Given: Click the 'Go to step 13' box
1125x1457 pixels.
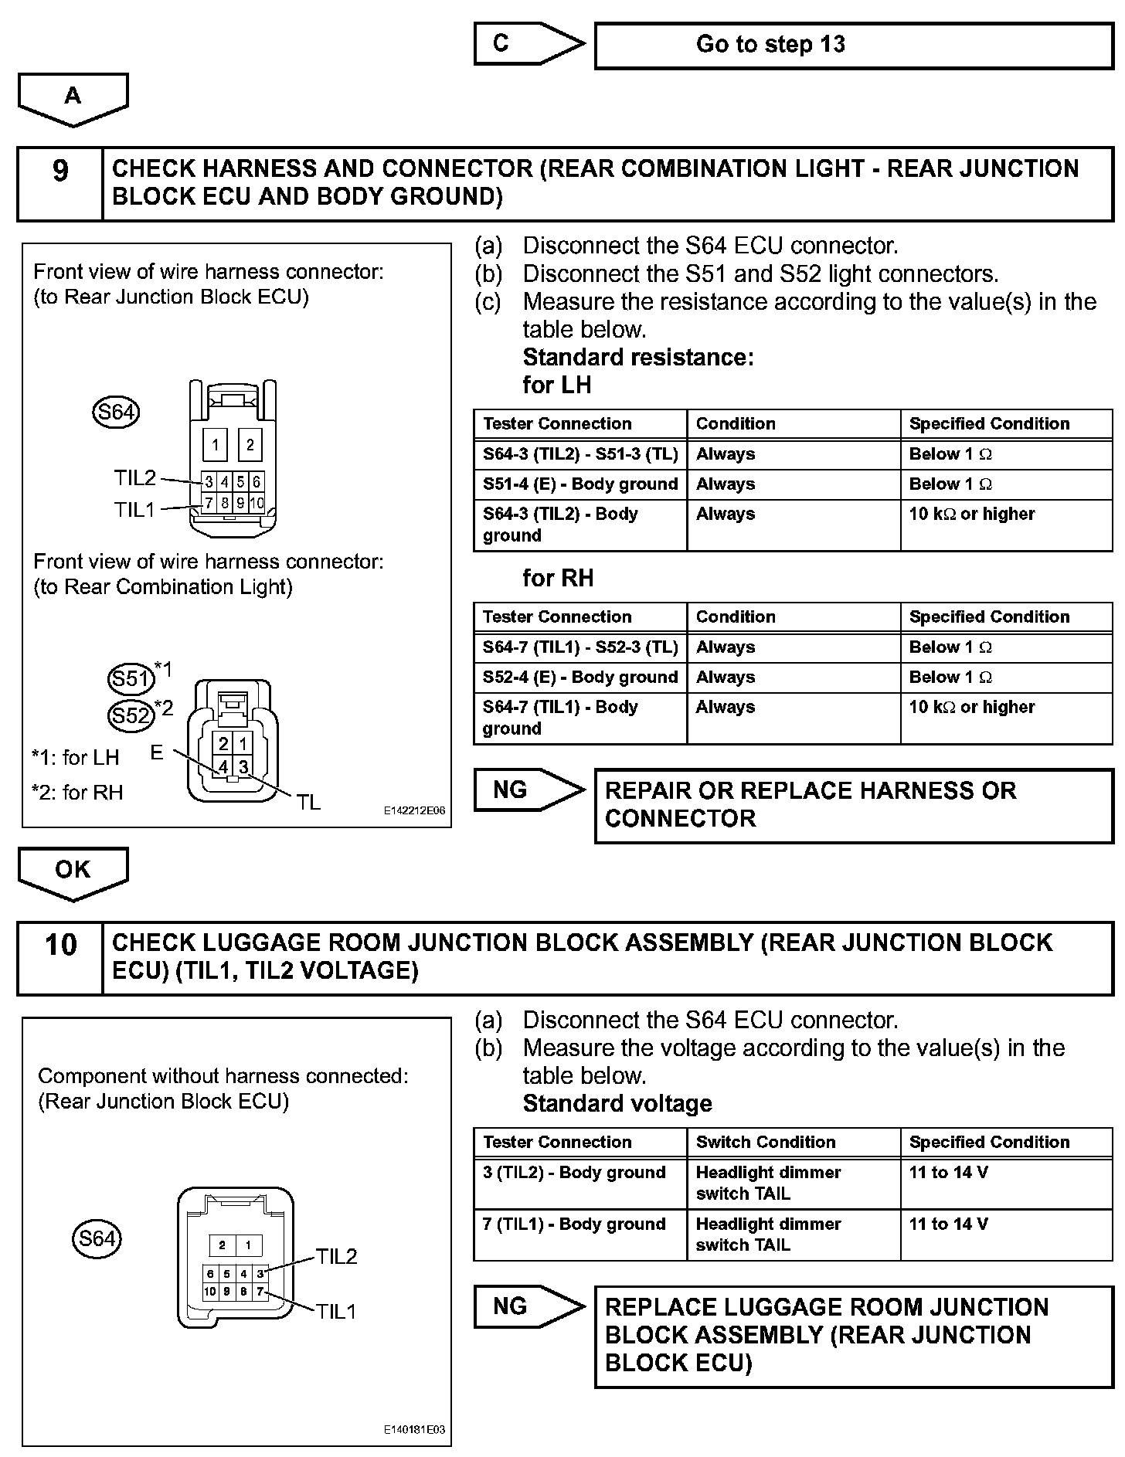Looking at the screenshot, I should (x=853, y=45).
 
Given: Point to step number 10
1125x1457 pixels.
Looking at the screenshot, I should (x=59, y=945).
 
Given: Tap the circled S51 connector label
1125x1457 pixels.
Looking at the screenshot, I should (x=130, y=678).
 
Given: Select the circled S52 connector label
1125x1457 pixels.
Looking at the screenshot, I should (x=130, y=715).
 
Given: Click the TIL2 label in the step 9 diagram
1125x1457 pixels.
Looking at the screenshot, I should (x=135, y=478).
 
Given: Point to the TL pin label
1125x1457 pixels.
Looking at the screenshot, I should (x=308, y=803).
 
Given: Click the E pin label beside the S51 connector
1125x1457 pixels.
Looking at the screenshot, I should (x=157, y=752).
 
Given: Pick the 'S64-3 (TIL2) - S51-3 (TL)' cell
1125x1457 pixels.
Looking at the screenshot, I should (x=579, y=454).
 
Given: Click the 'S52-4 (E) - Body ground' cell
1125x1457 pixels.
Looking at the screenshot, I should (x=579, y=678).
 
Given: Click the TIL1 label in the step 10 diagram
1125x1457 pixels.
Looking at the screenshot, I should (x=336, y=1311).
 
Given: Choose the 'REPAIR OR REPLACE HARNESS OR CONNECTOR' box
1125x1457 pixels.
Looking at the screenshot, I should (x=853, y=805).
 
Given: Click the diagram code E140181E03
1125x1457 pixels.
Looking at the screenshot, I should (x=414, y=1430).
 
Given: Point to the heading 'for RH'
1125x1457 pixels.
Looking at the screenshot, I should (x=558, y=578).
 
